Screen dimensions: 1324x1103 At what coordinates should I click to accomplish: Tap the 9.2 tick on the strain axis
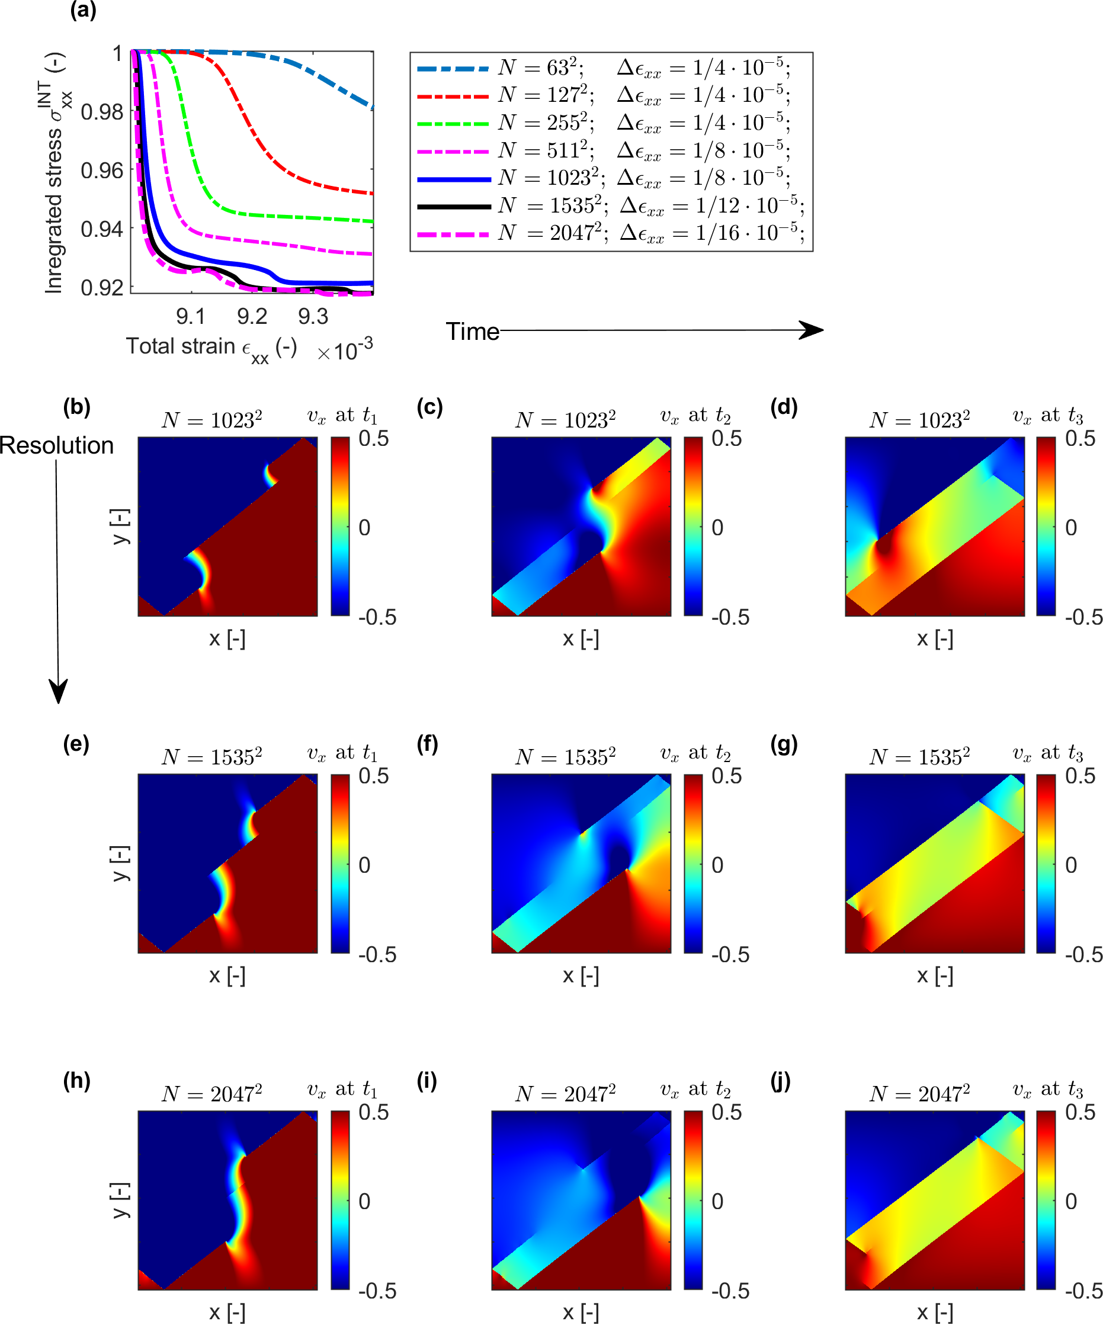pos(252,316)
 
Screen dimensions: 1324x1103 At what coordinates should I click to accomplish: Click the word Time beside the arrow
pos(472,332)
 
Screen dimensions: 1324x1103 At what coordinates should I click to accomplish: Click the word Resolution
pos(57,446)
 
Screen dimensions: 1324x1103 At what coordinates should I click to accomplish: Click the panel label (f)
pos(428,744)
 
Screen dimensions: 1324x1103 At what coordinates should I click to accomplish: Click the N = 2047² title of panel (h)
pos(211,1093)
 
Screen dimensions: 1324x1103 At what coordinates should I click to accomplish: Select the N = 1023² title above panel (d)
pos(919,419)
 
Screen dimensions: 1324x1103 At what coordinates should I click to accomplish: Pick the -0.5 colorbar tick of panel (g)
pos(1083,955)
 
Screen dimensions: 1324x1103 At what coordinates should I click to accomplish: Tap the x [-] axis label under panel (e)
pos(227,975)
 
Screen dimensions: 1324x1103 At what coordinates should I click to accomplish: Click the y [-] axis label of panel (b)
pos(120,526)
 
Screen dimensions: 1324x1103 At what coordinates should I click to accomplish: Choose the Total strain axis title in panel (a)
pos(211,347)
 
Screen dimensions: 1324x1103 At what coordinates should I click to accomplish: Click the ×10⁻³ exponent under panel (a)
pos(345,350)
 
